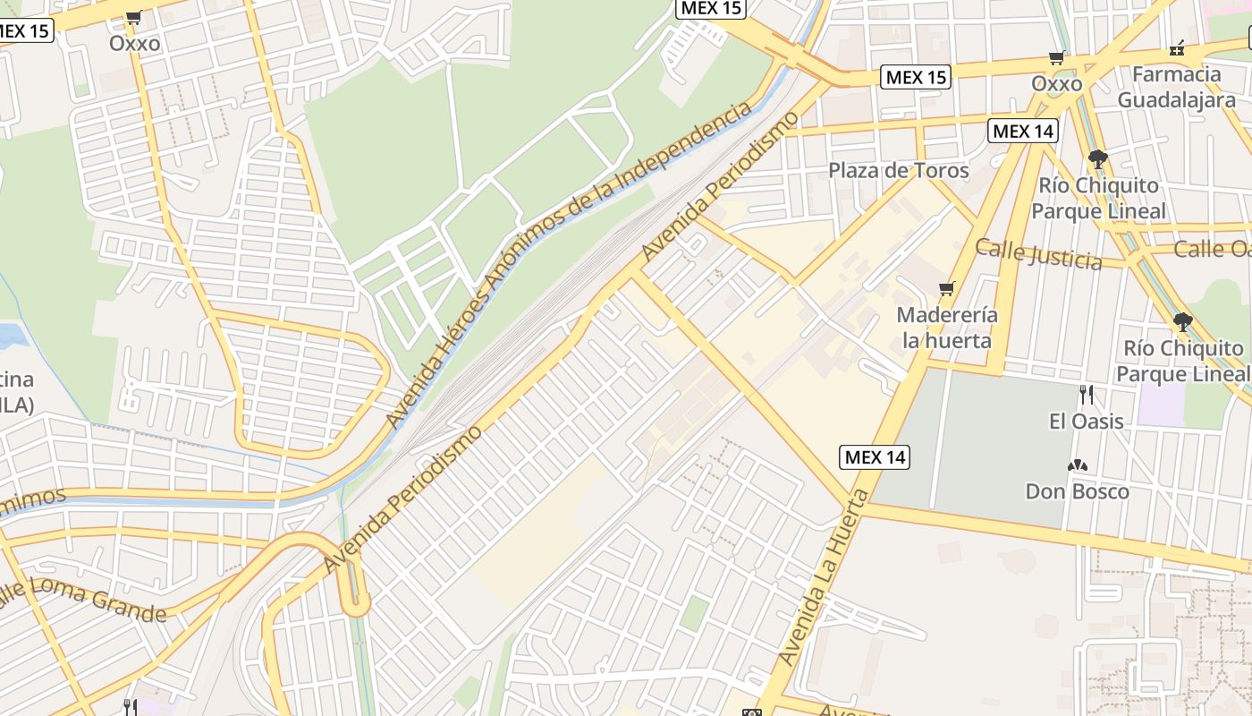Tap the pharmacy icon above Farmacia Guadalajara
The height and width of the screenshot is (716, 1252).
click(x=1178, y=48)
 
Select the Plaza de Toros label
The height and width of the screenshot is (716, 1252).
click(x=898, y=170)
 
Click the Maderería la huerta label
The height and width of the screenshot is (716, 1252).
click(x=946, y=328)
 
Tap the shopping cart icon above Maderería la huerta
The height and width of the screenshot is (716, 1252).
click(x=946, y=288)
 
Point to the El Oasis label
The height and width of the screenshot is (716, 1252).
click(x=1086, y=421)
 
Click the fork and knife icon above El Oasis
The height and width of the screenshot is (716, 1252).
click(x=1086, y=394)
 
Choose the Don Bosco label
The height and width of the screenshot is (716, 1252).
click(x=1077, y=491)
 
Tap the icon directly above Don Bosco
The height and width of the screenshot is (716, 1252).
click(x=1077, y=465)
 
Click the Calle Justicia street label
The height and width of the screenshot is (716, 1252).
click(x=1037, y=254)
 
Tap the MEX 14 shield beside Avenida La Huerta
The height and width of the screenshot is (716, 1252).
click(x=875, y=457)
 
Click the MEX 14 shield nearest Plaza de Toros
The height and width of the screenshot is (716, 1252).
click(x=1023, y=131)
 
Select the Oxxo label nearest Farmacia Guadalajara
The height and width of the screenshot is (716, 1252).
click(x=1056, y=83)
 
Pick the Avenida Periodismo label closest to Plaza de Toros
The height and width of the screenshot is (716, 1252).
click(x=719, y=188)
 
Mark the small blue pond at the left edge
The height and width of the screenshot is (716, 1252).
click(x=11, y=337)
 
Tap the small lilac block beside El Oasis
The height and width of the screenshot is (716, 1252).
click(x=1162, y=405)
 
